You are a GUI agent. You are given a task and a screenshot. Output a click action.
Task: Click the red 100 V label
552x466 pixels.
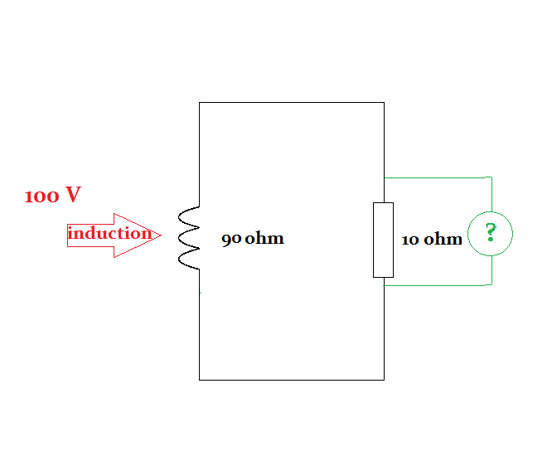52,196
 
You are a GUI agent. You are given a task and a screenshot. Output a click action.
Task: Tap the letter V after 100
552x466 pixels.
73,196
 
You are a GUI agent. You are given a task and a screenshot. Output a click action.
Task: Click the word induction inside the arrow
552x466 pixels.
109,233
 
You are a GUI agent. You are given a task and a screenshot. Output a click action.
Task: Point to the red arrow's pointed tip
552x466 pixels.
161,235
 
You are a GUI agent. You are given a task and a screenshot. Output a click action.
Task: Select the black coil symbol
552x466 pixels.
190,239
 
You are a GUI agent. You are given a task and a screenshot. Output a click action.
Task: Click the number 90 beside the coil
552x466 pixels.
231,240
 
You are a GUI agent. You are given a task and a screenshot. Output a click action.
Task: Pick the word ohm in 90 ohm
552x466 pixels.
264,239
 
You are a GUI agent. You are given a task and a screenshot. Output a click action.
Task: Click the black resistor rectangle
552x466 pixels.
383,240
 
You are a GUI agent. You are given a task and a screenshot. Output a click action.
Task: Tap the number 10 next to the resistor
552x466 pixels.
410,240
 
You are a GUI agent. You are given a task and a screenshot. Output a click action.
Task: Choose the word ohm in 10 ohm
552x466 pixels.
443,240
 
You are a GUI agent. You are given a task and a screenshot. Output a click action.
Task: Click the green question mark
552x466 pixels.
490,233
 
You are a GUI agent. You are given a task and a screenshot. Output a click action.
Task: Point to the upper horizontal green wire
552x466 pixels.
439,177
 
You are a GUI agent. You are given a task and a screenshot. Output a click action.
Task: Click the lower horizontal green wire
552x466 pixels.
439,285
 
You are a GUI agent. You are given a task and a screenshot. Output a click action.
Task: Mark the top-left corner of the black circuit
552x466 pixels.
200,103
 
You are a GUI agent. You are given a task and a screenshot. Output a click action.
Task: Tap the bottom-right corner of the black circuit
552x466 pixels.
384,380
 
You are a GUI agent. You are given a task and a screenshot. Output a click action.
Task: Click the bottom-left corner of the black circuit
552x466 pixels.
200,380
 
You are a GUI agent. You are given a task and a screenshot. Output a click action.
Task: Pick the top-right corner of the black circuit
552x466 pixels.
384,103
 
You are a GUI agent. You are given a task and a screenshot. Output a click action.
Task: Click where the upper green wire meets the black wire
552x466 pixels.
384,177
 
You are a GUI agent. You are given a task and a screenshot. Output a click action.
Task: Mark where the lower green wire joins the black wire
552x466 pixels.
384,285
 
